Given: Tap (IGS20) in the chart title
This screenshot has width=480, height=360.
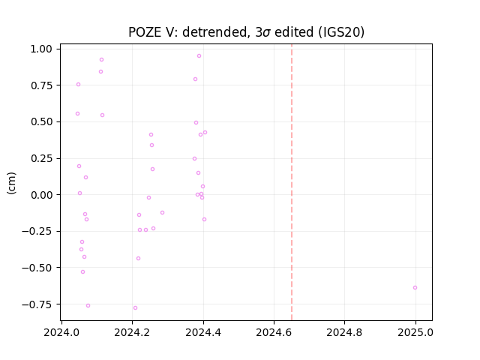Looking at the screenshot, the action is [x=341, y=32].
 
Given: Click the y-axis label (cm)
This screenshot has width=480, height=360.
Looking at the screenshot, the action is [x=11, y=183].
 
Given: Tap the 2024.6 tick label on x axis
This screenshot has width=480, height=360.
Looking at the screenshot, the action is [x=274, y=332].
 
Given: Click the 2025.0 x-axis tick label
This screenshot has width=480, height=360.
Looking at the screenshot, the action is [x=415, y=332].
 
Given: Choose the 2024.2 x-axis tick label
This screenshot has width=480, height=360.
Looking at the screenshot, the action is [x=132, y=332].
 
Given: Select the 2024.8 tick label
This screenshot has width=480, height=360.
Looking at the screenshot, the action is [x=344, y=332].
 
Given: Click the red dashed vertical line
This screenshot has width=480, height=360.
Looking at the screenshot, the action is [x=292, y=182].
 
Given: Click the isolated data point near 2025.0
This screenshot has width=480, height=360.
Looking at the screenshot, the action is [x=415, y=288].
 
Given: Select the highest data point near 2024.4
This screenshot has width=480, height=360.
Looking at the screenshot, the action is [x=199, y=56].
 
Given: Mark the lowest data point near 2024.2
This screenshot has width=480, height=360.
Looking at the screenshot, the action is [x=135, y=308].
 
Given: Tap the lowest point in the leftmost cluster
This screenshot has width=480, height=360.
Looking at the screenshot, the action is [x=88, y=306].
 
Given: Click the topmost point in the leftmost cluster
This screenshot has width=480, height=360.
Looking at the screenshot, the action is [x=102, y=60].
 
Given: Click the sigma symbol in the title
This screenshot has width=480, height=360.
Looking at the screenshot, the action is [x=267, y=33].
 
